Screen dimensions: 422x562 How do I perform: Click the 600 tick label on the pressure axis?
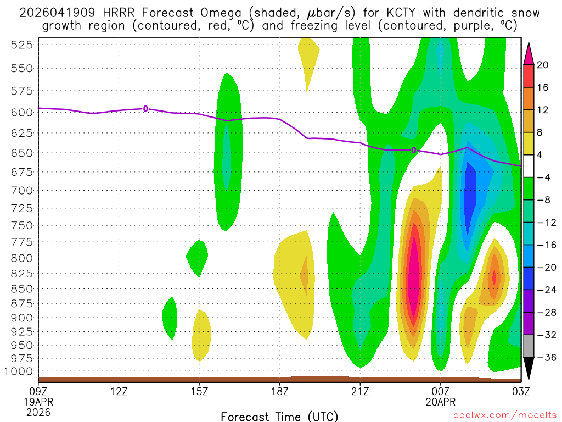tap(21, 112)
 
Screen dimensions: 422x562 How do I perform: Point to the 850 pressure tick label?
tap(21, 288)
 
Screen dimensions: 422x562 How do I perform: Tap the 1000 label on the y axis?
tap(19, 371)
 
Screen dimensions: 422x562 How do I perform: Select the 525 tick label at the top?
tap(21, 45)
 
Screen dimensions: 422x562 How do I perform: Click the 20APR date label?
tap(440, 402)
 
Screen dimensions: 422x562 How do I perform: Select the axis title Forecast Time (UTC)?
tap(279, 416)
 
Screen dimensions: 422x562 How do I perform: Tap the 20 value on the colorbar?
tap(543, 65)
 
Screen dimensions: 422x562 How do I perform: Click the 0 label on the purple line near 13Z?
tap(145, 109)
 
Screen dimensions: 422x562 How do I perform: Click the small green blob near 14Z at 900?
tap(170, 318)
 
